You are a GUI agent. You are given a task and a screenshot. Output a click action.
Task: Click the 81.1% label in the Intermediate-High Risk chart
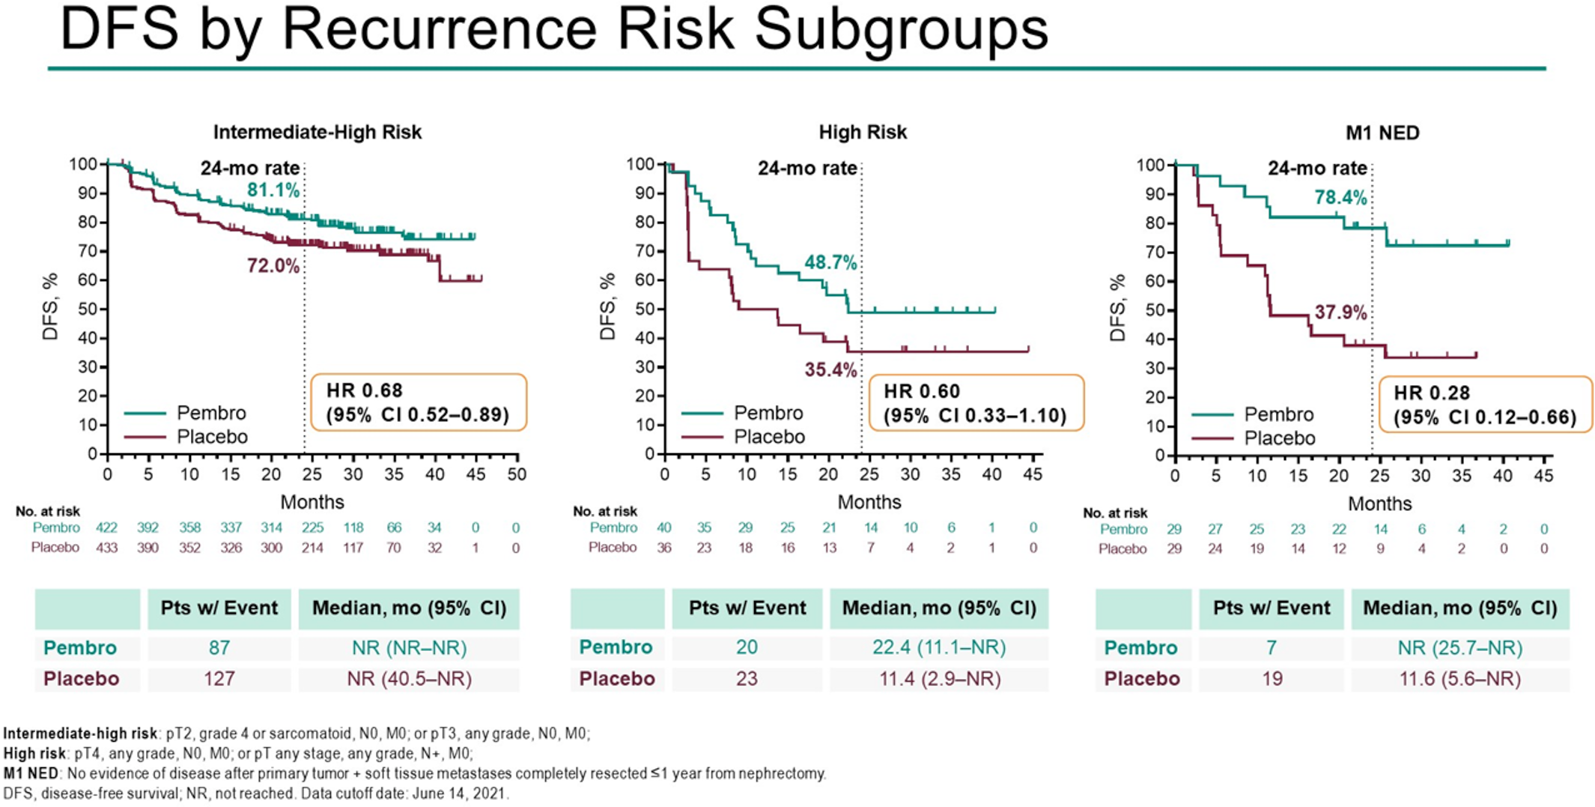(x=273, y=190)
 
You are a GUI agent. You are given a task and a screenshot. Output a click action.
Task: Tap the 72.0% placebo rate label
(x=273, y=266)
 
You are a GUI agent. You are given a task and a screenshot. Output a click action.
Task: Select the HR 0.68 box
(x=418, y=402)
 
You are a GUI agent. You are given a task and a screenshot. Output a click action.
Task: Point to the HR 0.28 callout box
(x=1485, y=405)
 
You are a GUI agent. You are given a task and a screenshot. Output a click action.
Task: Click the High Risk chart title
(x=862, y=133)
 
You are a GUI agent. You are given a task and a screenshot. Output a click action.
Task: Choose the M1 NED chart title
(x=1382, y=133)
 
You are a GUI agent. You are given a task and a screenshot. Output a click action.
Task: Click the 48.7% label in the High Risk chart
(x=830, y=263)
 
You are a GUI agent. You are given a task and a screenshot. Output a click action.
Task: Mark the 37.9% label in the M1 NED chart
(x=1340, y=312)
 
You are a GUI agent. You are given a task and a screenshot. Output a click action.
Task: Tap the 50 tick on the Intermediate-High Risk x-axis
(x=517, y=474)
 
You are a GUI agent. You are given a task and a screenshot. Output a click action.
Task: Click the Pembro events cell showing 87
(x=219, y=647)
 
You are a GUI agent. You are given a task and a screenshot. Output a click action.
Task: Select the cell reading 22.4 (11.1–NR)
(x=938, y=647)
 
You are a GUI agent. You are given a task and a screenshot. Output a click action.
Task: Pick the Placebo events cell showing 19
(x=1272, y=679)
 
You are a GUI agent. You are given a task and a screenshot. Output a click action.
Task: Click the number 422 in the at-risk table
(x=107, y=528)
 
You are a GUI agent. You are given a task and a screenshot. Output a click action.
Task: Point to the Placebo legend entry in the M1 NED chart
(x=1278, y=438)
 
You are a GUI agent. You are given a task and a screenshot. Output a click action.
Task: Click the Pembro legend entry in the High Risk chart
(x=768, y=413)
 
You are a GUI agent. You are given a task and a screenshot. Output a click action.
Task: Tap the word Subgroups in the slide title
(x=901, y=30)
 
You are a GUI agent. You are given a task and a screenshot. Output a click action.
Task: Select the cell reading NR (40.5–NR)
(x=409, y=679)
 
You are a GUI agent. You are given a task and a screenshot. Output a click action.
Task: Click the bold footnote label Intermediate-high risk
(x=80, y=734)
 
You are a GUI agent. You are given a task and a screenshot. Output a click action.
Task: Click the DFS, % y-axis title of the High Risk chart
(x=607, y=306)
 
